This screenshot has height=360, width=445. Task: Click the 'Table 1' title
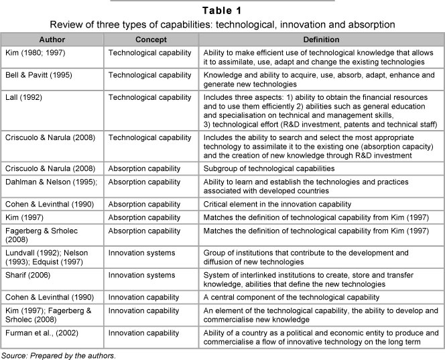tap(222, 10)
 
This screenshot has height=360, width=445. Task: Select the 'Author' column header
tap(52, 40)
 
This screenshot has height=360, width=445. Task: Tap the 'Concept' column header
tap(150, 40)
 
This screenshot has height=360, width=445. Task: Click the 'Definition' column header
tap(321, 40)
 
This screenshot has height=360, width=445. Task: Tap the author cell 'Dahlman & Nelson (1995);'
tap(46, 180)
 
